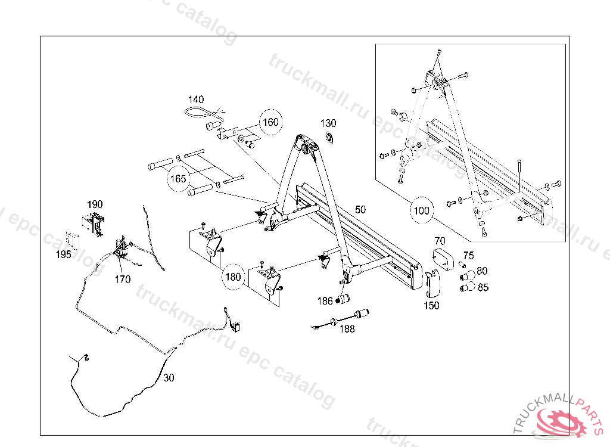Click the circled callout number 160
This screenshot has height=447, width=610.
[x=270, y=122]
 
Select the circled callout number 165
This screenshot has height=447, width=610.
[x=179, y=178]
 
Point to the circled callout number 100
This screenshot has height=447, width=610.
[x=421, y=210]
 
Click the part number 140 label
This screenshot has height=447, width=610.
[x=196, y=100]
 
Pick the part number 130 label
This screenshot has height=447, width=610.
[x=328, y=123]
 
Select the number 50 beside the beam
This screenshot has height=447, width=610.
[x=360, y=210]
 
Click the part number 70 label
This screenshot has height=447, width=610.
[x=440, y=241]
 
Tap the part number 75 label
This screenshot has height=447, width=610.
[x=468, y=255]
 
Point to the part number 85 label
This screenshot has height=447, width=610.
[x=483, y=287]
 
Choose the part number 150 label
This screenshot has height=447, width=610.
[x=431, y=305]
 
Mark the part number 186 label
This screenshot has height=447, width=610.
[x=325, y=301]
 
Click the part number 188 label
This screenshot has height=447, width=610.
[x=347, y=328]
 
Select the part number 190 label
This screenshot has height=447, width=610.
[x=95, y=204]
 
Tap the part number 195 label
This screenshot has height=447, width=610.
[x=64, y=254]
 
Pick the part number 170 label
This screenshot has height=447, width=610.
[x=123, y=279]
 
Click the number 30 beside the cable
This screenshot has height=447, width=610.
[x=169, y=377]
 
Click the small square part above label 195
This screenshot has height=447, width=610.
[x=72, y=239]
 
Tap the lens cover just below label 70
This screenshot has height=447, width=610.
[x=443, y=257]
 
